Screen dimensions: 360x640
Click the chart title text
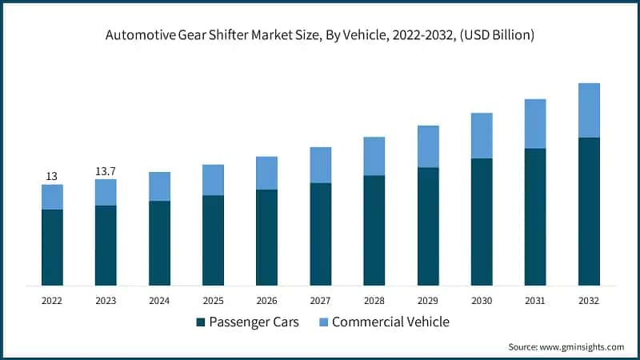pos(320,35)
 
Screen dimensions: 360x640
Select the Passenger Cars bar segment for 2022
pos(52,247)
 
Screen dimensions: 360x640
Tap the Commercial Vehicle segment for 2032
pos(589,110)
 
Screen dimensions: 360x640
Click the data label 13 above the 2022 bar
pos(52,175)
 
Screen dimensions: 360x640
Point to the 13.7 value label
pos(106,170)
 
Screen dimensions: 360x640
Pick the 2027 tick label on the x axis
pos(320,301)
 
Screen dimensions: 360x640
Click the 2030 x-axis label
pos(481,301)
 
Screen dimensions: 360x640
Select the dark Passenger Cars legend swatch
pos(200,323)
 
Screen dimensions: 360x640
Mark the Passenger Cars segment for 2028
pos(374,230)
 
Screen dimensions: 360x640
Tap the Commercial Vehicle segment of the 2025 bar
pos(213,180)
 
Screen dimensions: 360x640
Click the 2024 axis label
pos(159,301)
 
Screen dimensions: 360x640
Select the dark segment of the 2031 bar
pos(535,217)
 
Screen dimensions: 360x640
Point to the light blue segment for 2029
pos(427,146)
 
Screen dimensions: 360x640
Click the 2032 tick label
pos(589,301)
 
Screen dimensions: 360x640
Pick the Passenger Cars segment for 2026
pos(266,238)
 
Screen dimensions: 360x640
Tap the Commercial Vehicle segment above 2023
pos(106,192)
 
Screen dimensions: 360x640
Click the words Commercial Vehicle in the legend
pos(390,322)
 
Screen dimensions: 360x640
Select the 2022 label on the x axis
pos(52,301)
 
